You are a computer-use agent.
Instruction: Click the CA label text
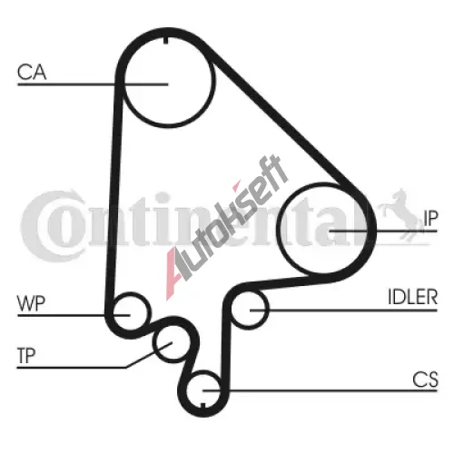point(32,72)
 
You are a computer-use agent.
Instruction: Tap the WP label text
point(31,303)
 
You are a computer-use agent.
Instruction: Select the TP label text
point(26,356)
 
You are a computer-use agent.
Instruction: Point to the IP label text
point(430,218)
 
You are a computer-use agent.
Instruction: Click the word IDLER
point(413,297)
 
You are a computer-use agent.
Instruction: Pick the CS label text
point(425,380)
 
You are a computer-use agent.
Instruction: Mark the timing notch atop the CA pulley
point(165,40)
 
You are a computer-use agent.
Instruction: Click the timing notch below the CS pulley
point(203,405)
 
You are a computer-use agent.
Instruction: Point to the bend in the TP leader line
point(126,368)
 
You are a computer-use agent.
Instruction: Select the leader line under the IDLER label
point(343,311)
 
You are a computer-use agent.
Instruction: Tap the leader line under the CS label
point(321,390)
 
